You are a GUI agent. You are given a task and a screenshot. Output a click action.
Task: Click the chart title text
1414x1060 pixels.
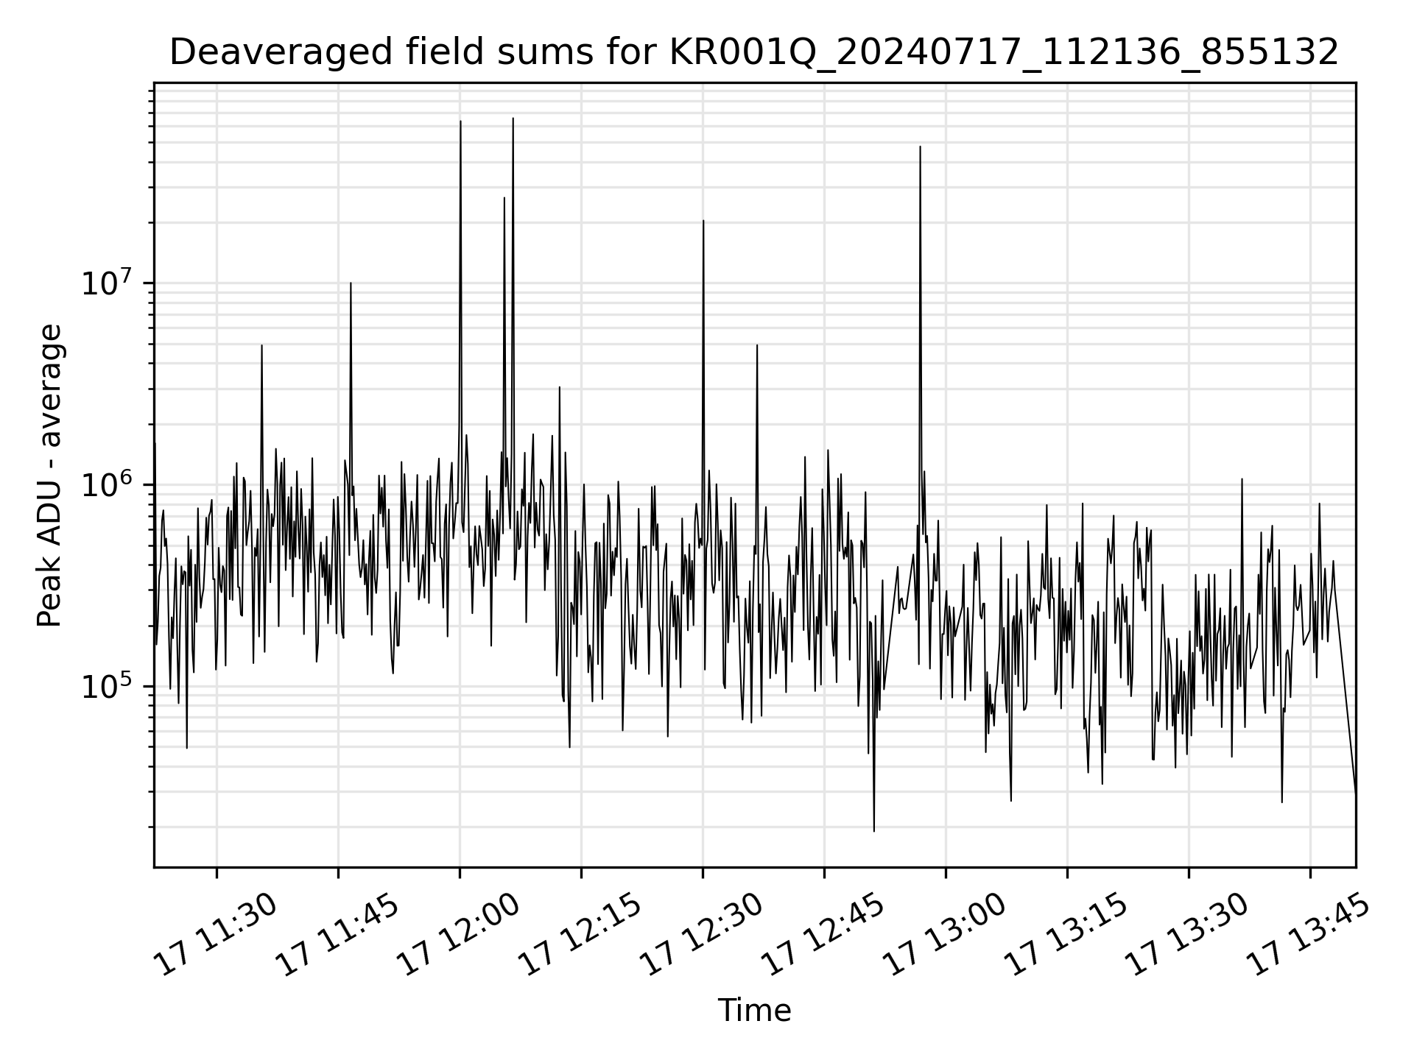[x=753, y=52]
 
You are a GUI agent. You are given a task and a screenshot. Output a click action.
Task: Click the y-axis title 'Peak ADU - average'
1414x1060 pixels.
[x=50, y=476]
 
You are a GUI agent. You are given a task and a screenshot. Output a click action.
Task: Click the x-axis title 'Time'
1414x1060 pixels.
[x=754, y=1011]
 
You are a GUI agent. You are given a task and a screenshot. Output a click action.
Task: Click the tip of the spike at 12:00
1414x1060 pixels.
[x=460, y=121]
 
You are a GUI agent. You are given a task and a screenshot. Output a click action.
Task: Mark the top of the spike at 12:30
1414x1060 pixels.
[x=703, y=220]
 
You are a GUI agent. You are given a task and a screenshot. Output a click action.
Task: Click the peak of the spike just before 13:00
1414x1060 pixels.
[x=920, y=146]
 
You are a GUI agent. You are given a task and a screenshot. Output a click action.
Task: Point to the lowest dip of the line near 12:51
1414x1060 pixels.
[x=874, y=831]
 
